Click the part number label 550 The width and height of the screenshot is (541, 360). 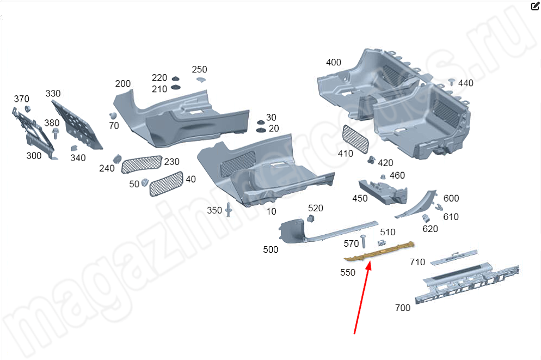click(347, 272)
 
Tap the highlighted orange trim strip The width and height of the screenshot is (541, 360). click(379, 251)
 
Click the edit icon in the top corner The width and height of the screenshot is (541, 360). click(535, 6)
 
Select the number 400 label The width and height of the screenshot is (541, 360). click(333, 62)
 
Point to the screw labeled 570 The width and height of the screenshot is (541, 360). click(363, 241)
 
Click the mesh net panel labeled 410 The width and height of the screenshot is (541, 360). click(355, 139)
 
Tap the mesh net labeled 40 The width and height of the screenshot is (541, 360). click(166, 184)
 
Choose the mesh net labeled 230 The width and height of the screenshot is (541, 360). click(142, 164)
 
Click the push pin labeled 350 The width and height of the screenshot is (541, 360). click(228, 210)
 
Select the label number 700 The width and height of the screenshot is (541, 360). click(403, 308)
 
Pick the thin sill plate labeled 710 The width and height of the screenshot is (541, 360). click(454, 257)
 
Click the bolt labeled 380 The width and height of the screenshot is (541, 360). click(55, 133)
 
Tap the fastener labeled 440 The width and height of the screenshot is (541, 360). click(452, 82)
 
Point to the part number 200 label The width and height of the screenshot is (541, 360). click(123, 83)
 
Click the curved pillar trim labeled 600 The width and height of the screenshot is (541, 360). click(416, 204)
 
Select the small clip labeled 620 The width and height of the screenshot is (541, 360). click(426, 218)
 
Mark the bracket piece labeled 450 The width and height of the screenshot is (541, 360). click(383, 192)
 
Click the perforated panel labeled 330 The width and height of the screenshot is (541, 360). click(77, 125)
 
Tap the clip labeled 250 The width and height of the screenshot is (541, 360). click(201, 80)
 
